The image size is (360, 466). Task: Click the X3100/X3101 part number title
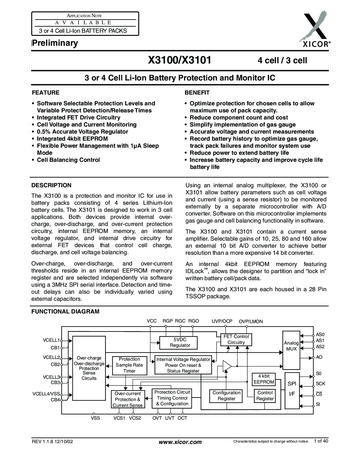coord(180,60)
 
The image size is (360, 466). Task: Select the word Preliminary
coord(55,43)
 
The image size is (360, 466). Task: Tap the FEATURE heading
coord(45,93)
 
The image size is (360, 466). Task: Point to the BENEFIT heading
coord(197,93)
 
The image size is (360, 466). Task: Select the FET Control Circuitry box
coord(236,339)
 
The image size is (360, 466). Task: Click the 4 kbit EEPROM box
coord(264,379)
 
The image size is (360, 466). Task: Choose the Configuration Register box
coord(226,396)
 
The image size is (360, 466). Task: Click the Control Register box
coord(265,396)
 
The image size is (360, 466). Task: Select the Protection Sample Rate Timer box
coord(129,365)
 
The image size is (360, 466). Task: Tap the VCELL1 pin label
coord(51,340)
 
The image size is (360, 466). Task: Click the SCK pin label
coord(320,384)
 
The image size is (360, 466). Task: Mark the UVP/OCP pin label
coord(222,321)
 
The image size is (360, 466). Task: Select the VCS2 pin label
coord(135,418)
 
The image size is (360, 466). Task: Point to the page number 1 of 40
coord(321,441)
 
